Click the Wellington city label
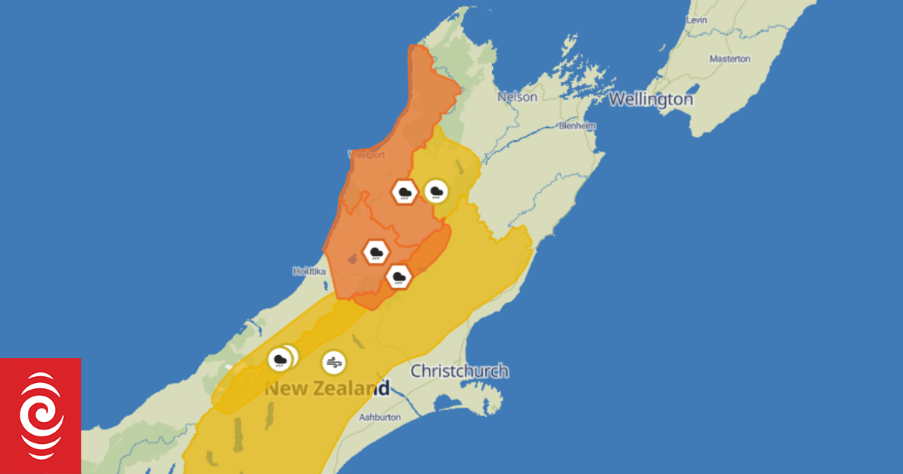click(651, 99)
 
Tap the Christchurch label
click(459, 371)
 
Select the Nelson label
click(518, 97)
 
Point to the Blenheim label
click(577, 126)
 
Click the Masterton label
click(730, 59)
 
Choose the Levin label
click(696, 20)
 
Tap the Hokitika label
click(309, 271)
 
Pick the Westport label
click(366, 155)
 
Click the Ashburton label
click(380, 417)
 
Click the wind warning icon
click(334, 363)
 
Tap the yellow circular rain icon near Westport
click(435, 191)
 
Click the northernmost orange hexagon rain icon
click(405, 192)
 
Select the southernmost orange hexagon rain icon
click(399, 278)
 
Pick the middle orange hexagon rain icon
click(375, 251)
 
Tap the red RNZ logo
click(41, 415)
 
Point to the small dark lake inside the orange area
click(352, 260)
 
